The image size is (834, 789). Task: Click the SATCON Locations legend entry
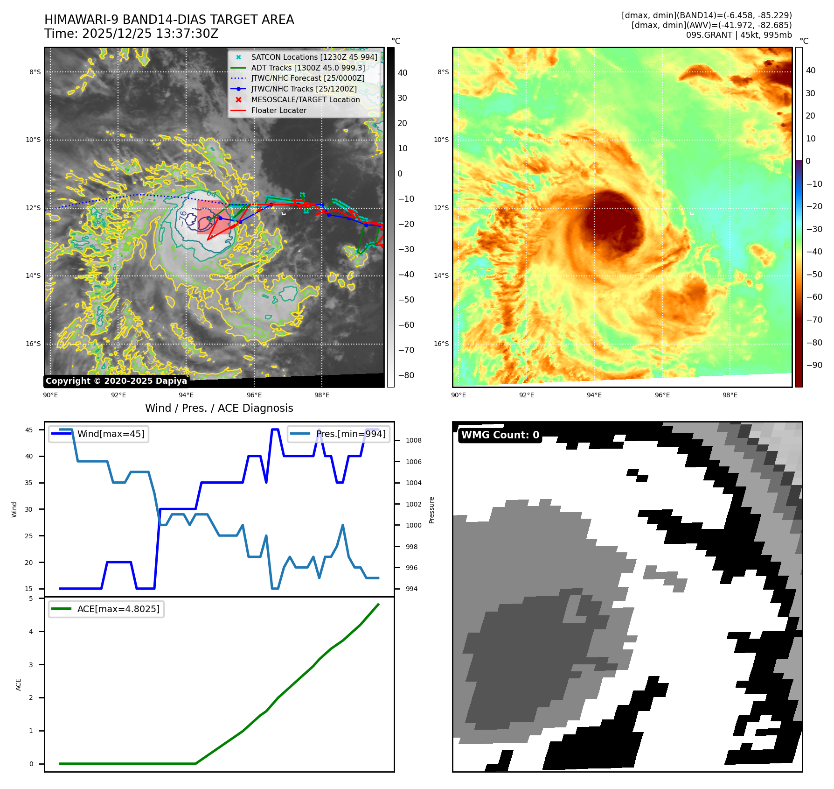click(314, 57)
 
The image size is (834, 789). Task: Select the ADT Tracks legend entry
click(308, 68)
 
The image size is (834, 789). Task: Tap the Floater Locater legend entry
click(278, 110)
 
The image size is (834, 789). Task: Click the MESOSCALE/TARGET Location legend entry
click(305, 99)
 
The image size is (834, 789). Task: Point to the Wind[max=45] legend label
click(111, 434)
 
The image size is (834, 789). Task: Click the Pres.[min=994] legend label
click(351, 434)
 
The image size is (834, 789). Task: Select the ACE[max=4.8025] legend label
click(118, 609)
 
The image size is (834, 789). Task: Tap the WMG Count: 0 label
click(500, 435)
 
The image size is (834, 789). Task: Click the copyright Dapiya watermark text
click(116, 381)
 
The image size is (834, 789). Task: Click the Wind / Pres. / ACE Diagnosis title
click(219, 408)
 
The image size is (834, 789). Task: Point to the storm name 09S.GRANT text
click(709, 35)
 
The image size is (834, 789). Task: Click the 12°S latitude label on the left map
click(33, 208)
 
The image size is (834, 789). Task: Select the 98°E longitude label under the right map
click(730, 395)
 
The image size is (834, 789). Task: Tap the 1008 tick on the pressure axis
click(413, 440)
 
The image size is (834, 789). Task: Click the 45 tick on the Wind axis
click(29, 430)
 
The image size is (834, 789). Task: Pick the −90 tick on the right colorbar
click(814, 365)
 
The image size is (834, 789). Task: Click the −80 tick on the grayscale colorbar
click(406, 375)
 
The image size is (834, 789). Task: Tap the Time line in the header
click(131, 34)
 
